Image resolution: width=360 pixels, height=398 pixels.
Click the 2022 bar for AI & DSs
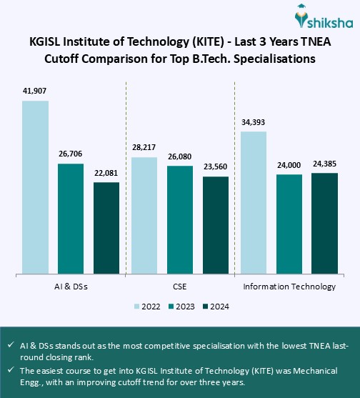click(x=35, y=186)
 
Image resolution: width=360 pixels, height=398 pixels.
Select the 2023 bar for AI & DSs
click(x=71, y=218)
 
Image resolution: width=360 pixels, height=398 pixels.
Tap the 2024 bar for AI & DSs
click(x=106, y=227)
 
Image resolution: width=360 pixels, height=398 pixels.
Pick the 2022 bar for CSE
click(x=144, y=214)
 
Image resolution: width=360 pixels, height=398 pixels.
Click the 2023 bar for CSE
click(x=180, y=219)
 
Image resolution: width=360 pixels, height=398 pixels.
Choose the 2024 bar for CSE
click(x=216, y=224)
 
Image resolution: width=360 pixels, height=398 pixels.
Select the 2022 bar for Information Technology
click(x=254, y=202)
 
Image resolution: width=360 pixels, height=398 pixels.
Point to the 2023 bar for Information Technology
click(x=289, y=223)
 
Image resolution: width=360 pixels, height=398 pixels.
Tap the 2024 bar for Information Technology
click(x=325, y=222)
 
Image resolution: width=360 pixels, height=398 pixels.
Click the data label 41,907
click(x=35, y=91)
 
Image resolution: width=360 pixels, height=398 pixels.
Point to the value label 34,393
click(x=254, y=122)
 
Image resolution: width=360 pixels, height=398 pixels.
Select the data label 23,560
click(x=216, y=166)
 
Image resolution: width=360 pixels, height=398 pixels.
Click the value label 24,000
click(x=289, y=164)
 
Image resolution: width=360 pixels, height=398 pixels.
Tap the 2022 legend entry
click(x=147, y=306)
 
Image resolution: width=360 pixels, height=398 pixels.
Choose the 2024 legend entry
click(x=214, y=306)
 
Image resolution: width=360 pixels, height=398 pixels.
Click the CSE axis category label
click(x=180, y=287)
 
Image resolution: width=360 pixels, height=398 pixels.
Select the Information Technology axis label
click(x=289, y=287)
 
